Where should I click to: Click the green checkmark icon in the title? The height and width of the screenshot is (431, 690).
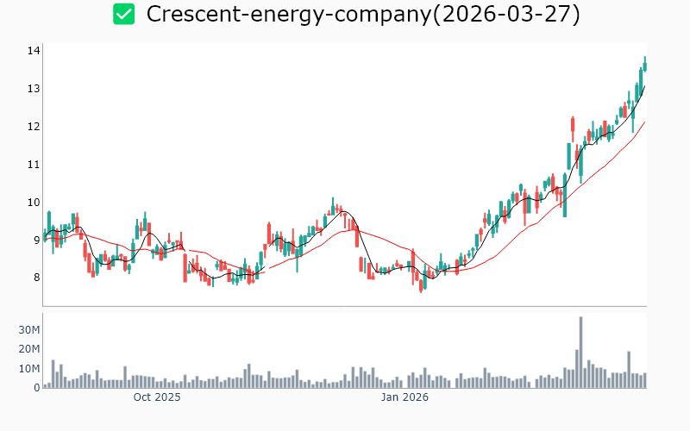(124, 14)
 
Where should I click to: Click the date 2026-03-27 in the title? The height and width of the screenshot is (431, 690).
(511, 14)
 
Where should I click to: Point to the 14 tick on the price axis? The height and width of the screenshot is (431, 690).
(34, 51)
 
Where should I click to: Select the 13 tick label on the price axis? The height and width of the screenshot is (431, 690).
(34, 89)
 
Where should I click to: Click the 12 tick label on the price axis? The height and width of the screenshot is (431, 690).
(34, 127)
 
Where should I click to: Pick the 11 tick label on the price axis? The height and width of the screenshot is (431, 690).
(34, 165)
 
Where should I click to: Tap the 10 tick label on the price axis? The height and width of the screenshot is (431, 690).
(34, 203)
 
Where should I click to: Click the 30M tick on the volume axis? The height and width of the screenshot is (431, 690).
(30, 330)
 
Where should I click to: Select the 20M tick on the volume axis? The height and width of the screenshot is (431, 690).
(30, 349)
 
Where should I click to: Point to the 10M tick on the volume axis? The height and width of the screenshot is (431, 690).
(30, 368)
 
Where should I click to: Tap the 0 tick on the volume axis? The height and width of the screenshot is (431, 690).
(36, 387)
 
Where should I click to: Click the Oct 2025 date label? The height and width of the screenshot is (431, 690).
(157, 397)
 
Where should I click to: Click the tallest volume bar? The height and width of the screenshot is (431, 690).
(580, 353)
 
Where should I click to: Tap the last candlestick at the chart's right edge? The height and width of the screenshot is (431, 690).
(644, 63)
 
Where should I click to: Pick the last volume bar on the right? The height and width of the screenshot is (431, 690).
(644, 380)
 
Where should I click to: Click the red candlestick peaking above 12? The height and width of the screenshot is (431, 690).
(573, 128)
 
